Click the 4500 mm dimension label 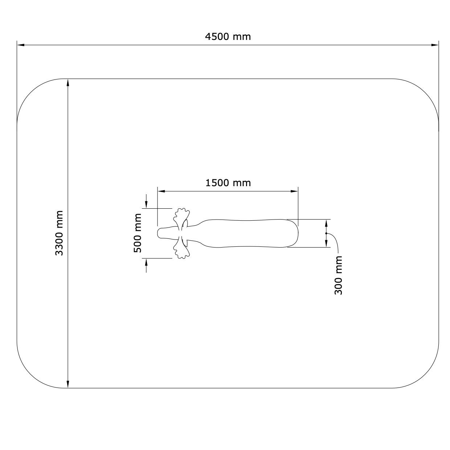228,37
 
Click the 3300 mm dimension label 59,233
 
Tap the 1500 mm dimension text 228,183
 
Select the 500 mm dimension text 138,233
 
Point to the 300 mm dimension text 338,275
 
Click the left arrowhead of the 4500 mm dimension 21,45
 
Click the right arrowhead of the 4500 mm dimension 435,45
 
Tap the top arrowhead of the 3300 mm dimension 68,83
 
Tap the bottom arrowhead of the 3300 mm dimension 68,384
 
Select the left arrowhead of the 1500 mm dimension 161,191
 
